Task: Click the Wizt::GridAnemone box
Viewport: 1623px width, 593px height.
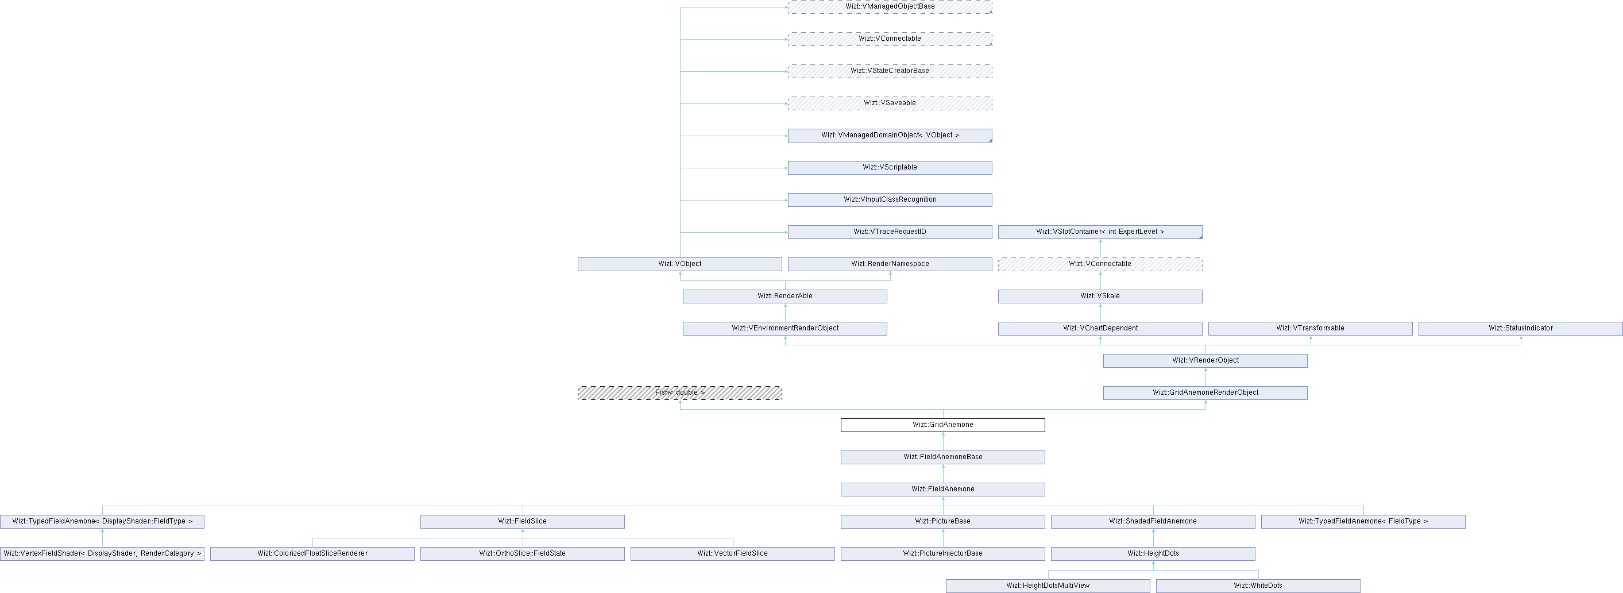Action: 942,425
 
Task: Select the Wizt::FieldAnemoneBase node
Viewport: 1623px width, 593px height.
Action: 942,457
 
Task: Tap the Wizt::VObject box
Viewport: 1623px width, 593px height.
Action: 679,264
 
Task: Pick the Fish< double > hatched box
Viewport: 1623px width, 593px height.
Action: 679,393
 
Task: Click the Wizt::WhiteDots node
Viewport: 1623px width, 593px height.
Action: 1258,586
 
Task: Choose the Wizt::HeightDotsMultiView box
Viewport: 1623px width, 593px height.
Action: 1047,586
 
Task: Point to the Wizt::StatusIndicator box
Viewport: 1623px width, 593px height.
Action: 1520,328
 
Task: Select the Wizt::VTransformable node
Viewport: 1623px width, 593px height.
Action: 1310,328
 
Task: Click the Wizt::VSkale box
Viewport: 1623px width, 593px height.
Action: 1099,296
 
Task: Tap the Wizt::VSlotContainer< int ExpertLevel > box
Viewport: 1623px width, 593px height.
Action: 1099,232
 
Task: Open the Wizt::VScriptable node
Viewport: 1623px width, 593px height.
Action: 890,168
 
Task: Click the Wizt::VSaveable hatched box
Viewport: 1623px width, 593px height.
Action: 890,103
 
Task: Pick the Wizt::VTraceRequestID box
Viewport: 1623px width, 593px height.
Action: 890,232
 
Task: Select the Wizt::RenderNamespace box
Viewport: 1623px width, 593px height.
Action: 890,264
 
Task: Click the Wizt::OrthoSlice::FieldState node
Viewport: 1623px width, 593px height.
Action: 522,554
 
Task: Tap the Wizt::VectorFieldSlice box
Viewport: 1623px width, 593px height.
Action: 732,554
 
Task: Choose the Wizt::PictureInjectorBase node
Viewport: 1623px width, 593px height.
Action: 942,554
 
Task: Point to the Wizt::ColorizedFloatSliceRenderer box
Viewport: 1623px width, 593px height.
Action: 312,554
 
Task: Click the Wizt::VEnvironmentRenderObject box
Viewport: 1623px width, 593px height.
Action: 785,328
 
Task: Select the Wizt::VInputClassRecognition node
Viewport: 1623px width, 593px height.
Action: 890,200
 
